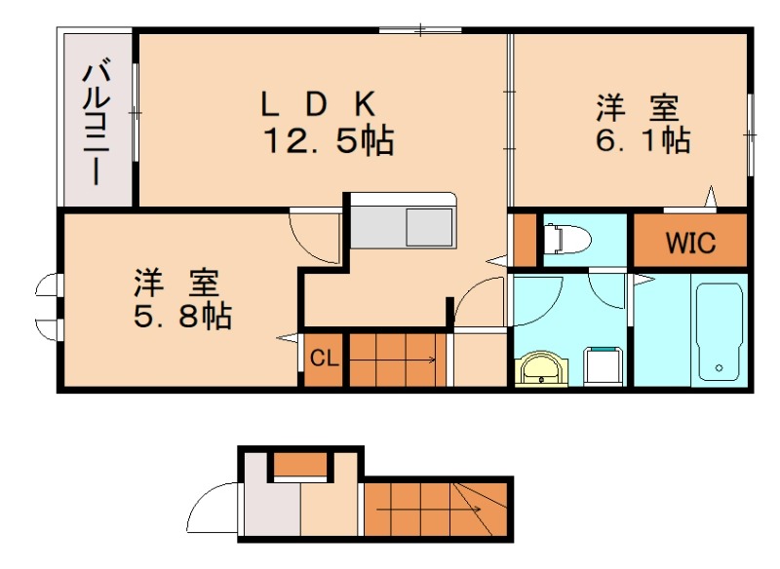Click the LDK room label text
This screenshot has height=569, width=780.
(x=317, y=102)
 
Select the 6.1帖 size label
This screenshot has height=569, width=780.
(x=643, y=140)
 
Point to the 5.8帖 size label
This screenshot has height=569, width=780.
(x=183, y=316)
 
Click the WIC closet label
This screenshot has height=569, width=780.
(x=690, y=243)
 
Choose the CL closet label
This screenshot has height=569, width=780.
(x=324, y=359)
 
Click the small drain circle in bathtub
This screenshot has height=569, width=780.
(x=719, y=368)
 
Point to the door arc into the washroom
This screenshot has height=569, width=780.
(x=546, y=293)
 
